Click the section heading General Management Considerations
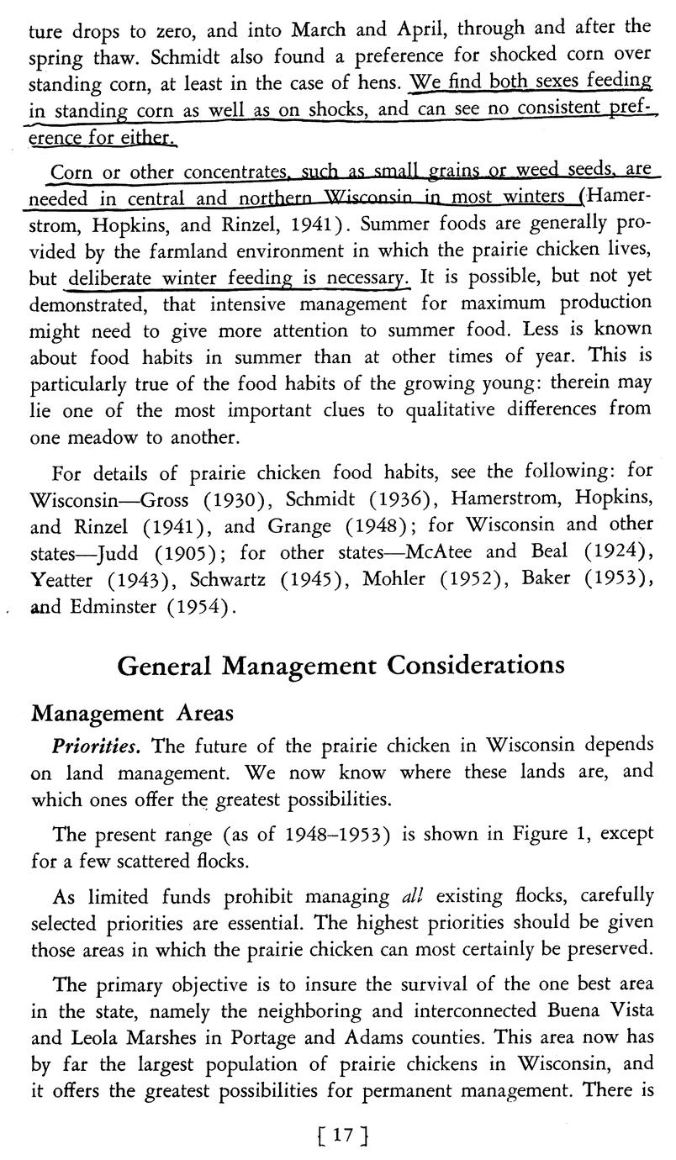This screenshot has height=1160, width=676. [x=340, y=665]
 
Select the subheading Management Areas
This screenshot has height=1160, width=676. [x=131, y=713]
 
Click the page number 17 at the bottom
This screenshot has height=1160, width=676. [x=339, y=1134]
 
